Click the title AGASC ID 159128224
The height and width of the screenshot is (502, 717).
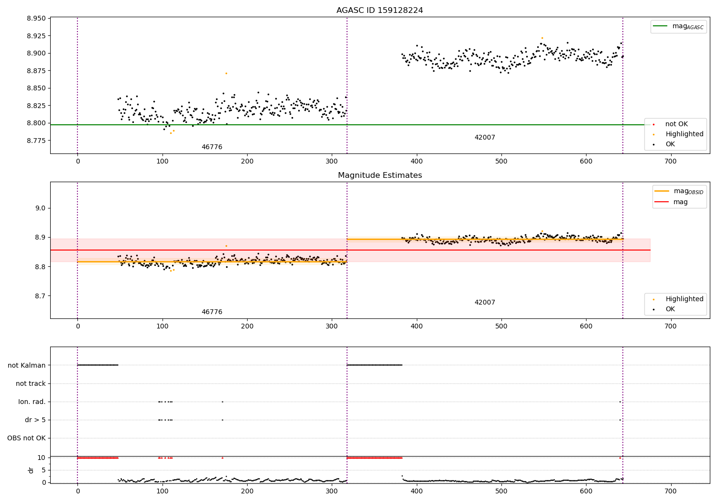380,11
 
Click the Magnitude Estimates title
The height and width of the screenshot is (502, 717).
380,175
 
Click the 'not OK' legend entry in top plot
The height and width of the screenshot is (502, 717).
676,124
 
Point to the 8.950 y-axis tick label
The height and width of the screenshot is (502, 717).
36,19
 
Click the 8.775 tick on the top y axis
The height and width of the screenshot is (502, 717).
36,141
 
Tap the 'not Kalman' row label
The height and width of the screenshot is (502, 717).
27,365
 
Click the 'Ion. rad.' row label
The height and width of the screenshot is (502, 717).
32,402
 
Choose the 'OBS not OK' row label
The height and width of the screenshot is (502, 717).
27,438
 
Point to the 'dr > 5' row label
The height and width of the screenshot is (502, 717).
35,420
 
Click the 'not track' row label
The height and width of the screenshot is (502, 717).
31,383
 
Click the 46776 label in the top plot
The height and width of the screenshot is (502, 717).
212,147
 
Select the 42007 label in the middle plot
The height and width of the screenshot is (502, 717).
485,303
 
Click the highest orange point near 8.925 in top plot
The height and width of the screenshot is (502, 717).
542,38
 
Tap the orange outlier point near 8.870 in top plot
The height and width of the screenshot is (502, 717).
226,73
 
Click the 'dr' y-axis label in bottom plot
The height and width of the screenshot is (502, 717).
31,470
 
